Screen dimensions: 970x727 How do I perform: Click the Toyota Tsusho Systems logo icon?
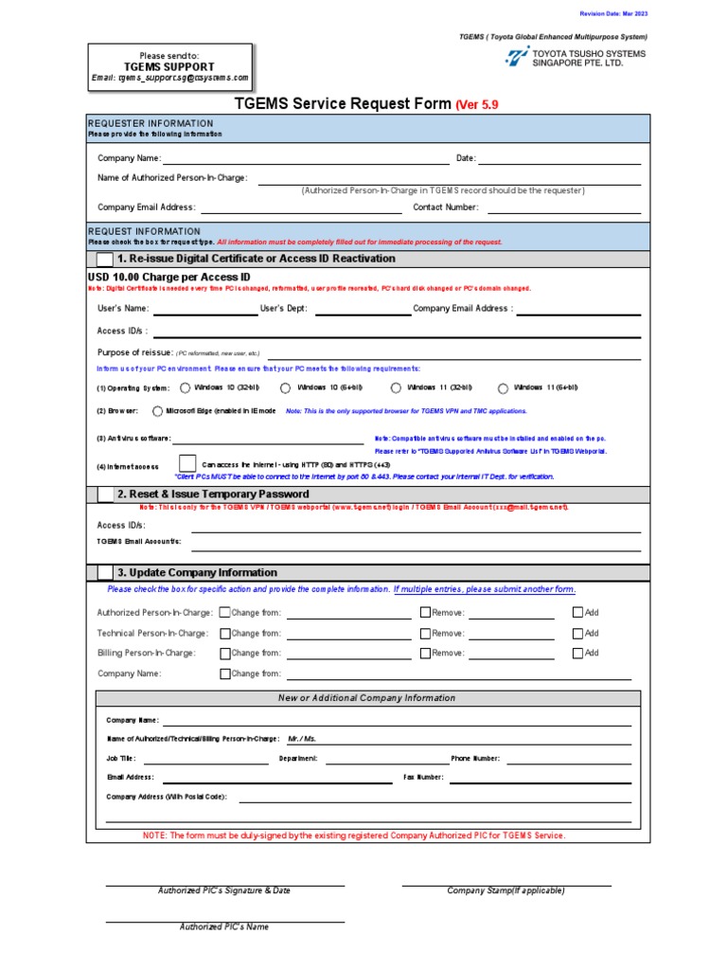pos(518,58)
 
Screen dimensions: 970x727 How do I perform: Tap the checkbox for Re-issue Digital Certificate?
pos(103,260)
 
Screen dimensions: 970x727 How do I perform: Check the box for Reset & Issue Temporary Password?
pos(103,494)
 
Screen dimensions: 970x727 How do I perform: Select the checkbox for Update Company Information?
pos(103,572)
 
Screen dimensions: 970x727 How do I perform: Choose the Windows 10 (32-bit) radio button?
pos(185,387)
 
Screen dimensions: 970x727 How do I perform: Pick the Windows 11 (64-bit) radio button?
pos(503,387)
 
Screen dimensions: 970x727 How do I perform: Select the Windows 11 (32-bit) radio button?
pos(396,387)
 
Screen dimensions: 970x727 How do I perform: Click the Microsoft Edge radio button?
pos(157,411)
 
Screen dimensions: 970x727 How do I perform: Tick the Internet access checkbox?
pos(187,464)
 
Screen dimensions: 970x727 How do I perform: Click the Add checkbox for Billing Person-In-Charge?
pos(578,653)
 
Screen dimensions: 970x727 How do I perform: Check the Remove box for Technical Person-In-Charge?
pos(425,633)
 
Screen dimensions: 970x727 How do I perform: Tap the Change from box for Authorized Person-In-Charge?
pos(224,613)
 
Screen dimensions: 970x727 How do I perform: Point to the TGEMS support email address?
pos(169,78)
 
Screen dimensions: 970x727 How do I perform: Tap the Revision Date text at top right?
pos(613,14)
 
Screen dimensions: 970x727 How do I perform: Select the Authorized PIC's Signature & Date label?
pos(224,890)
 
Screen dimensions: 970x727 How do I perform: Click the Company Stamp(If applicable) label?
pos(505,890)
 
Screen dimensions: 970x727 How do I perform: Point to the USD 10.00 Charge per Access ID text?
pos(168,277)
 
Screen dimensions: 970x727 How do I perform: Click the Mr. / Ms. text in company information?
pos(302,738)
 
